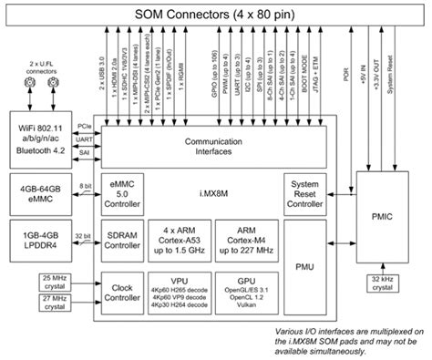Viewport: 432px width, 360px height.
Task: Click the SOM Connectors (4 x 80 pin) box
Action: tap(215, 14)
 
